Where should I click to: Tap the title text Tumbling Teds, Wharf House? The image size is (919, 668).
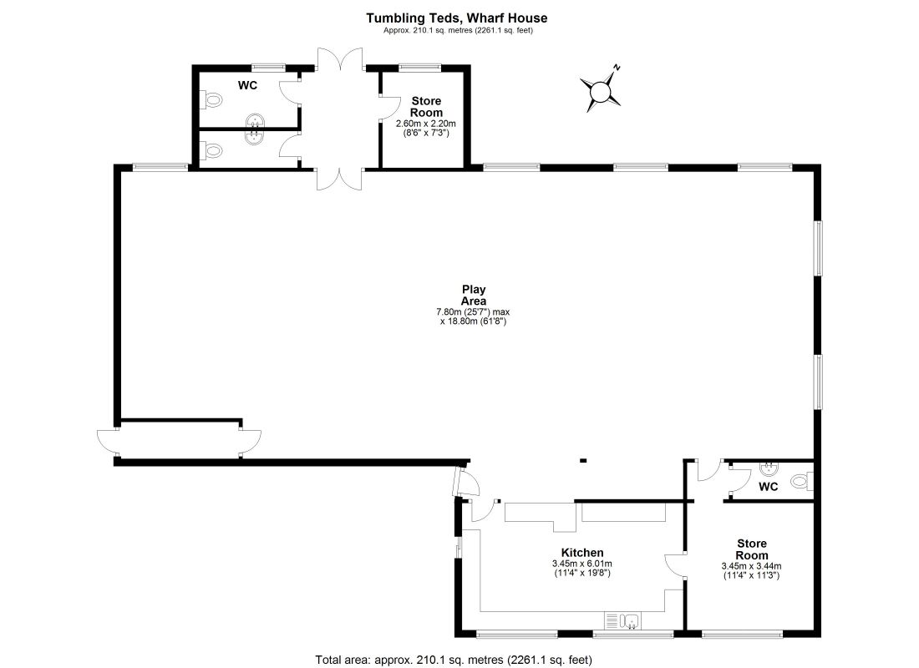[457, 18]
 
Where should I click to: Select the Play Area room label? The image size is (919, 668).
[474, 296]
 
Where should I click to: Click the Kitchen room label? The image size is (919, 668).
[582, 553]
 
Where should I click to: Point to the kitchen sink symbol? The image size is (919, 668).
[623, 620]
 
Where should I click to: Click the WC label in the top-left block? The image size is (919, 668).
[247, 85]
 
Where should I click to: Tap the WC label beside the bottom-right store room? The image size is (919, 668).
[769, 486]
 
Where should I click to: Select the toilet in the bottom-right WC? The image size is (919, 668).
[800, 481]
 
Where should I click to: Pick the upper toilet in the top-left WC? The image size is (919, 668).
[213, 101]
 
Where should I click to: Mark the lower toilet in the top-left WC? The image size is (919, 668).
[213, 151]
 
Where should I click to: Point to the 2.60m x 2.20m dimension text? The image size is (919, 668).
[425, 124]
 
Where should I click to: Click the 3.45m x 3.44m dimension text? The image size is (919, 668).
[751, 566]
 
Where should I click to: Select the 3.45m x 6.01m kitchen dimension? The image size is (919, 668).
[582, 564]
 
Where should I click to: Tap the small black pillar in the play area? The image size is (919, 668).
[583, 459]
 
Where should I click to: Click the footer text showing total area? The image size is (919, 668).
[454, 660]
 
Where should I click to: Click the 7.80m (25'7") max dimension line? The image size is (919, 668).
[474, 311]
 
